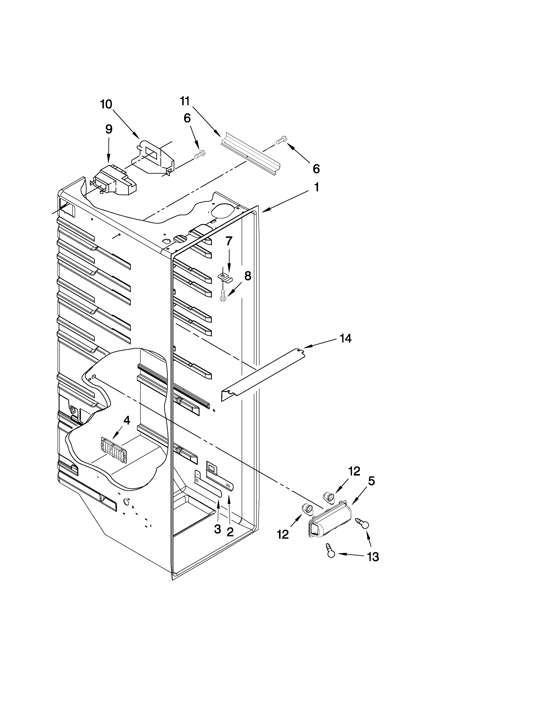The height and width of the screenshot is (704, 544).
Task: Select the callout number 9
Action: pyautogui.click(x=109, y=129)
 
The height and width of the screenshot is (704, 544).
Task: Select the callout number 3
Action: pyautogui.click(x=218, y=529)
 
